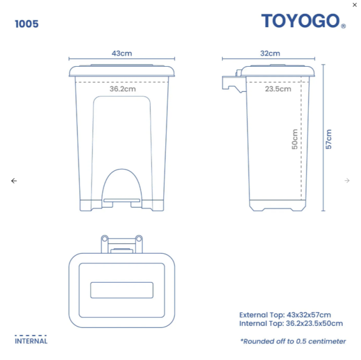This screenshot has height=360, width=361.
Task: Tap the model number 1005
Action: click(27, 24)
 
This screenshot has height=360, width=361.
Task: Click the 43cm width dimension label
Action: click(122, 53)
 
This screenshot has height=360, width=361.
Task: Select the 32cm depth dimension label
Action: click(270, 53)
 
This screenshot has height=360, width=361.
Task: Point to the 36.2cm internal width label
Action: click(123, 89)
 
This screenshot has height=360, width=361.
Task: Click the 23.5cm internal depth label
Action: click(278, 89)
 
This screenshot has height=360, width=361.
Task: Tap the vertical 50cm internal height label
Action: click(295, 139)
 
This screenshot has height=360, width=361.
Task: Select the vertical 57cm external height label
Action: click(329, 139)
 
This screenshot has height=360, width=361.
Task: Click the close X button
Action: click(355, 5)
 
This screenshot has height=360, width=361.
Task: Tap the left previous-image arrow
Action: click(14, 181)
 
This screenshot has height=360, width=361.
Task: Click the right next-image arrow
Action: click(347, 181)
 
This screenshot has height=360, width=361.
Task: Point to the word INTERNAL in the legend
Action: click(31, 341)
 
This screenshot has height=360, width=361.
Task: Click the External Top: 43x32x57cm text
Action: click(285, 315)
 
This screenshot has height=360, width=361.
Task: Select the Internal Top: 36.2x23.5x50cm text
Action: click(291, 323)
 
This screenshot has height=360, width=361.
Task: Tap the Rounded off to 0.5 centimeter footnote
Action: click(293, 341)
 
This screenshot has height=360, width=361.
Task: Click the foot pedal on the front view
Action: click(122, 201)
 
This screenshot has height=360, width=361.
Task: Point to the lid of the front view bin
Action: click(122, 70)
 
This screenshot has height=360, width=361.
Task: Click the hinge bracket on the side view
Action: click(232, 83)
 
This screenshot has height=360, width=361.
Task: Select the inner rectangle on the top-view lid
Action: click(122, 290)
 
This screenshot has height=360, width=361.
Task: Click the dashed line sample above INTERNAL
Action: click(31, 335)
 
